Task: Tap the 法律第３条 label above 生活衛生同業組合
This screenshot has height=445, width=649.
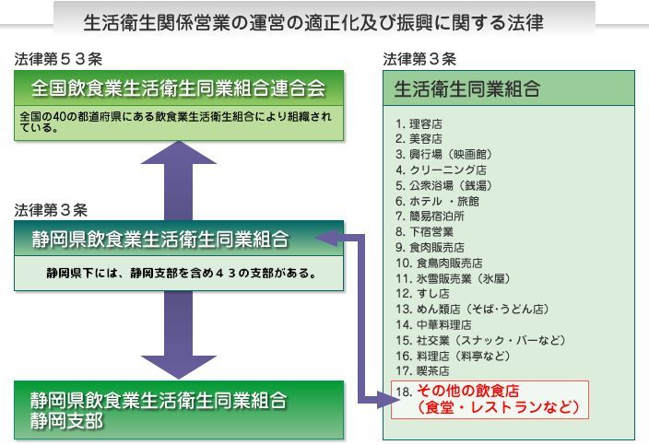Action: (x=419, y=59)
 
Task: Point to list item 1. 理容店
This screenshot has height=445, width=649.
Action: (x=419, y=123)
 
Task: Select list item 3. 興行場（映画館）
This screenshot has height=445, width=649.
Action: (x=443, y=154)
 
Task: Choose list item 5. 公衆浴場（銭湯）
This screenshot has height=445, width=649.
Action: (x=443, y=185)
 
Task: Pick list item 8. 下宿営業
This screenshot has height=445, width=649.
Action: (x=425, y=232)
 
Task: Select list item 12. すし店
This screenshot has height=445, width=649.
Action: (x=419, y=294)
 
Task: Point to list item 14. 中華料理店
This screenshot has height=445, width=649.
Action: (x=432, y=324)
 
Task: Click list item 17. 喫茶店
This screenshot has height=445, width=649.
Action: (x=423, y=370)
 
